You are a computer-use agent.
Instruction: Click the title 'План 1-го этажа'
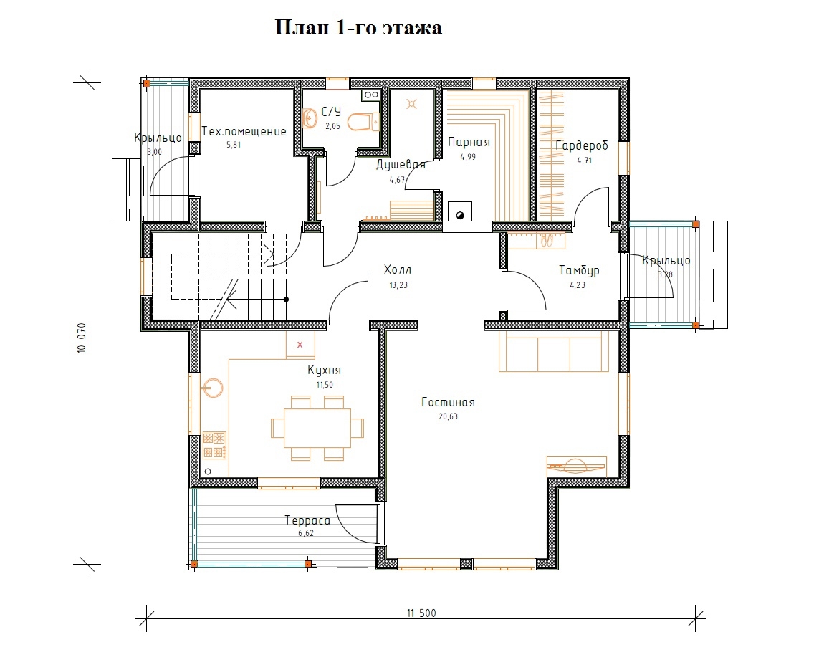358,28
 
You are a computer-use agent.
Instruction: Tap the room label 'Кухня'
325,371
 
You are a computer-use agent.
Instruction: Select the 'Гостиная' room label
449,403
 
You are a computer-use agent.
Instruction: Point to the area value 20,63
449,416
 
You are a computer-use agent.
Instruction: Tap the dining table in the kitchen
317,428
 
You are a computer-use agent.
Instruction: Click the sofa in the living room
553,351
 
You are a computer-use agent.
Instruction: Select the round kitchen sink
214,388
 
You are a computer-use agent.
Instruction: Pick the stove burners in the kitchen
214,445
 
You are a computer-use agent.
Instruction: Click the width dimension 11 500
421,613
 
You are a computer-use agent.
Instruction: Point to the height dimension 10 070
81,338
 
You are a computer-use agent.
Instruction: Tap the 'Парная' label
469,143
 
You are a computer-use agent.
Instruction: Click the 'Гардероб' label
582,145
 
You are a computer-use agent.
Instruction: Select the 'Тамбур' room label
579,271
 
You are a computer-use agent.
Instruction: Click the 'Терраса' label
307,521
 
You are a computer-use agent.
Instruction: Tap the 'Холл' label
398,270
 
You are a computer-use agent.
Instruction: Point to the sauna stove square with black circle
460,211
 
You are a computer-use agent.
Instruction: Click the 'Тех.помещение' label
244,131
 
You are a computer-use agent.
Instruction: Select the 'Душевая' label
401,165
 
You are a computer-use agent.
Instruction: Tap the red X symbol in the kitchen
300,345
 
